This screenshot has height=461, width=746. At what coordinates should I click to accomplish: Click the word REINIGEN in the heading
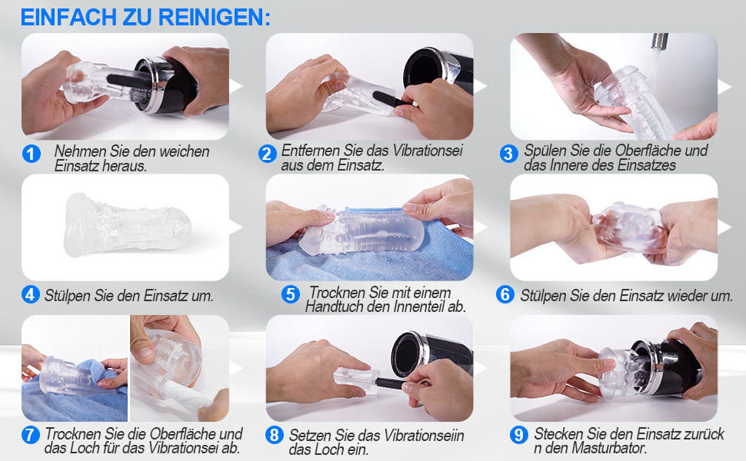pyautogui.click(x=214, y=17)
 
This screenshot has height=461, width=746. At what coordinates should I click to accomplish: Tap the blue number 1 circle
pyautogui.click(x=32, y=154)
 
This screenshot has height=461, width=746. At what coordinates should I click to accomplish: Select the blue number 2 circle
pyautogui.click(x=268, y=154)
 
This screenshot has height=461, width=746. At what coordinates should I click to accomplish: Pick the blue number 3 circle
pyautogui.click(x=508, y=154)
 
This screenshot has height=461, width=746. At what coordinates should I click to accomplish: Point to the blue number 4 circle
pyautogui.click(x=30, y=295)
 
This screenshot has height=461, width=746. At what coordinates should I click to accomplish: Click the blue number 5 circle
pyautogui.click(x=290, y=294)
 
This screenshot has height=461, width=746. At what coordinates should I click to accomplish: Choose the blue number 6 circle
pyautogui.click(x=505, y=295)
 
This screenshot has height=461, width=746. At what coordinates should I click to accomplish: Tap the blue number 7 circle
pyautogui.click(x=30, y=434)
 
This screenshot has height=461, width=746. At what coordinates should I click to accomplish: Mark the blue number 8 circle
pyautogui.click(x=274, y=434)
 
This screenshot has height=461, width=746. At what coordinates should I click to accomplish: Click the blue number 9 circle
pyautogui.click(x=518, y=434)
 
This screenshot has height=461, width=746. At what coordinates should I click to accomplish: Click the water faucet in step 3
pyautogui.click(x=660, y=41)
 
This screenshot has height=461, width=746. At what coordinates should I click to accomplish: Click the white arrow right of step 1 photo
pyautogui.click(x=236, y=86)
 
